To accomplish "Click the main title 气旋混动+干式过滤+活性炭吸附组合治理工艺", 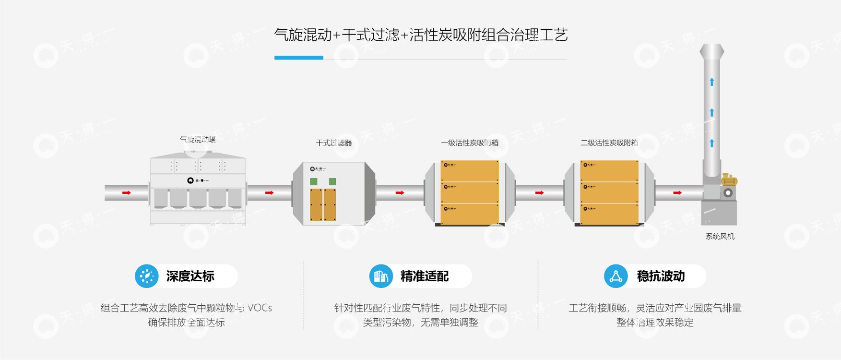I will tap(421, 35).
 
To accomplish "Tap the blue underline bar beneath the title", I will tap(298, 58).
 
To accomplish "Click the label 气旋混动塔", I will tap(198, 139).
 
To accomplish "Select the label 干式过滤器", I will tap(334, 143).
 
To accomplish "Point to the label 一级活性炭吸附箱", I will tap(469, 143).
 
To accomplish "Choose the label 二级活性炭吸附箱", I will tap(609, 143).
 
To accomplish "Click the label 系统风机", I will tap(720, 236).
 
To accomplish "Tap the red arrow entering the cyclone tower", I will tap(126, 192).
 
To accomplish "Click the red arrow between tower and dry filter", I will tap(269, 192).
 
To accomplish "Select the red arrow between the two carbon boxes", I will tap(539, 192).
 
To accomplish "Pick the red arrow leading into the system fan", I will tap(677, 192).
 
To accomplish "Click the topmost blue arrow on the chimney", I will tap(712, 82).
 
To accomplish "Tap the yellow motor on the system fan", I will tap(729, 180).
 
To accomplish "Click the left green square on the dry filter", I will tap(313, 181).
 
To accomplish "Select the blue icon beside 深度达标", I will tap(146, 276).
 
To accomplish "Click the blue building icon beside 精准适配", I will tap(381, 276).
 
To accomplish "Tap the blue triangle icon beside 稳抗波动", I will tap(616, 276).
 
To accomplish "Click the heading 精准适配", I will tap(425, 276).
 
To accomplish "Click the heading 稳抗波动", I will tap(661, 276).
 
